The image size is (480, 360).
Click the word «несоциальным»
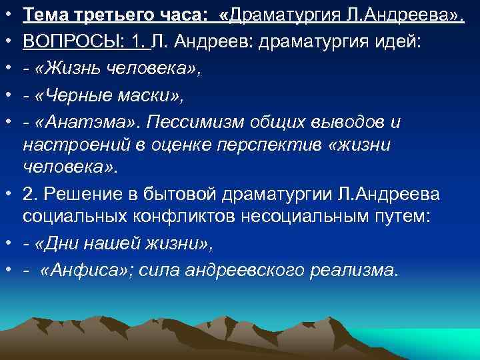click(303, 216)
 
